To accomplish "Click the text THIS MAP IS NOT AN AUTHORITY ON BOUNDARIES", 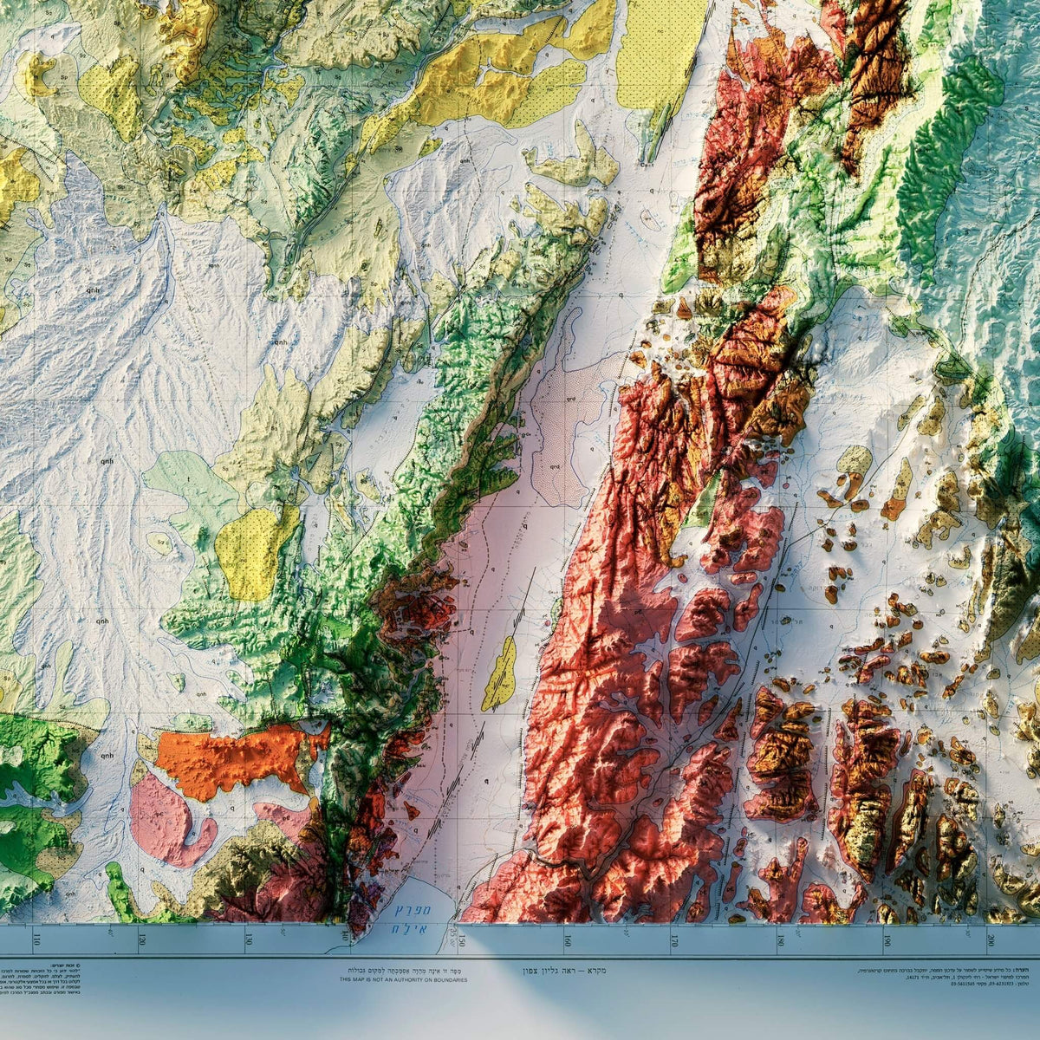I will [x=403, y=980].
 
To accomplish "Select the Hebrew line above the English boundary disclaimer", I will [x=403, y=972].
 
